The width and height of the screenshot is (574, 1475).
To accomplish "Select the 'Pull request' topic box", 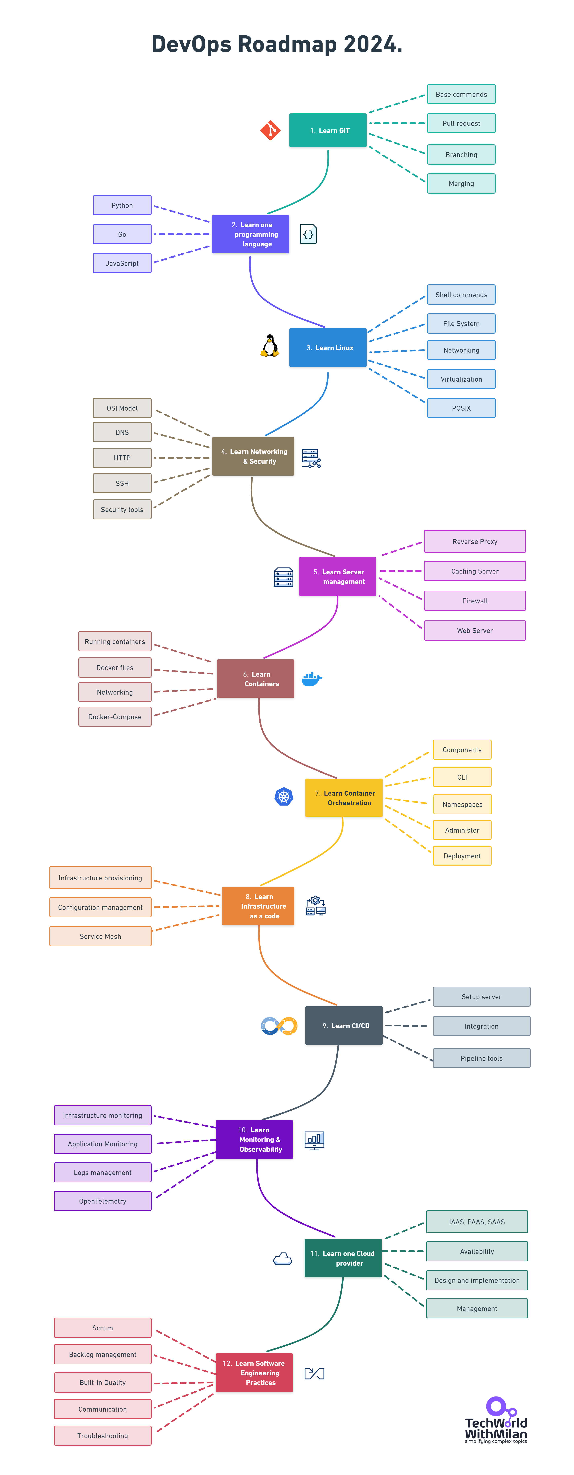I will (x=461, y=123).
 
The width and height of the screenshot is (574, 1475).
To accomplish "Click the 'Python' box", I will (x=122, y=205).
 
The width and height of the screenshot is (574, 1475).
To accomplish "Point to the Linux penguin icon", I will (x=270, y=346).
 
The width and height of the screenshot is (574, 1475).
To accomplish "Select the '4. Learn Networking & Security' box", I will (x=253, y=456).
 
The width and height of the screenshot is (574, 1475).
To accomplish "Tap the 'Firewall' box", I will (x=475, y=601).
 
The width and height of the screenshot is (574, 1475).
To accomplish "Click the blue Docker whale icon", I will (x=311, y=679).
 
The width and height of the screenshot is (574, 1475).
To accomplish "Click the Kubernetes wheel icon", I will (x=284, y=796).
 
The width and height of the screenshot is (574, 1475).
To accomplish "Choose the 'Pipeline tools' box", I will (x=481, y=1058).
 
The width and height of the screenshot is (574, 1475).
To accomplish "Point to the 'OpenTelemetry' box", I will (x=102, y=1201).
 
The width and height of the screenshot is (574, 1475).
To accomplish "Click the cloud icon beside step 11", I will (x=282, y=1259).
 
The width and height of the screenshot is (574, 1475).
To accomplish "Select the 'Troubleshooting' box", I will (x=102, y=1436).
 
